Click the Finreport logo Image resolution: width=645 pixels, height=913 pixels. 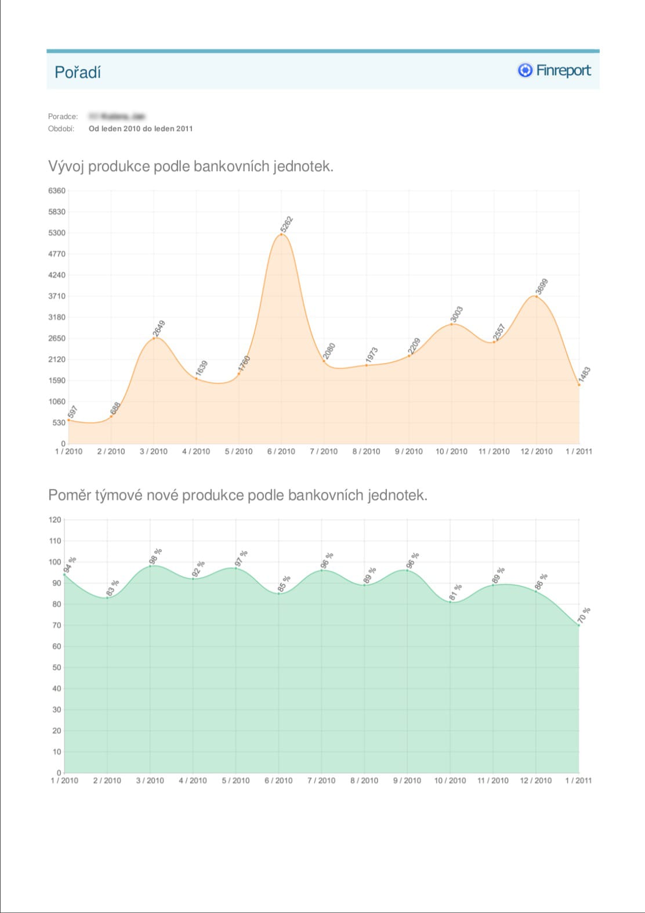pos(554,70)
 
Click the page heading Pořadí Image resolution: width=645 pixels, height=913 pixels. pos(78,72)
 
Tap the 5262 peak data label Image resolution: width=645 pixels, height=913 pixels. pos(287,224)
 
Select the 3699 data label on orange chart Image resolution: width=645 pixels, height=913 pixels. pos(542,287)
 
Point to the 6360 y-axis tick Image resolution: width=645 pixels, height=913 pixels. pos(57,190)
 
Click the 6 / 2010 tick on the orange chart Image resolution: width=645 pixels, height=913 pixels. pos(281,451)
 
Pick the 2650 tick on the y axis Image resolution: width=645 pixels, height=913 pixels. pos(57,338)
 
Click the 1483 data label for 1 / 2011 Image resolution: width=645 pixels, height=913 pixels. pos(585,374)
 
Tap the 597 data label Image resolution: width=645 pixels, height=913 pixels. pos(73,412)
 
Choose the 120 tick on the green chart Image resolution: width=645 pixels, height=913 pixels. pos(55,520)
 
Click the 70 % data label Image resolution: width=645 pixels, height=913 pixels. pos(584,615)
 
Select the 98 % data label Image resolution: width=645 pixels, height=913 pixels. pos(155,556)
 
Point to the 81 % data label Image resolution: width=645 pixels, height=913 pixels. pos(456,592)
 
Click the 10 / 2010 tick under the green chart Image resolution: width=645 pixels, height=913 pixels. pos(450,781)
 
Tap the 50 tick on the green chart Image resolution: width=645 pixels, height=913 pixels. pos(56,667)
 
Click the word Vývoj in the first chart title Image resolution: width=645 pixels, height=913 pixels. pos(66,166)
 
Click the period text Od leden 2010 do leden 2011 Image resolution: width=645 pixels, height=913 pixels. pos(140,129)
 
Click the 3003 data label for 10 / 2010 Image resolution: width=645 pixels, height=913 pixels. pos(457,314)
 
